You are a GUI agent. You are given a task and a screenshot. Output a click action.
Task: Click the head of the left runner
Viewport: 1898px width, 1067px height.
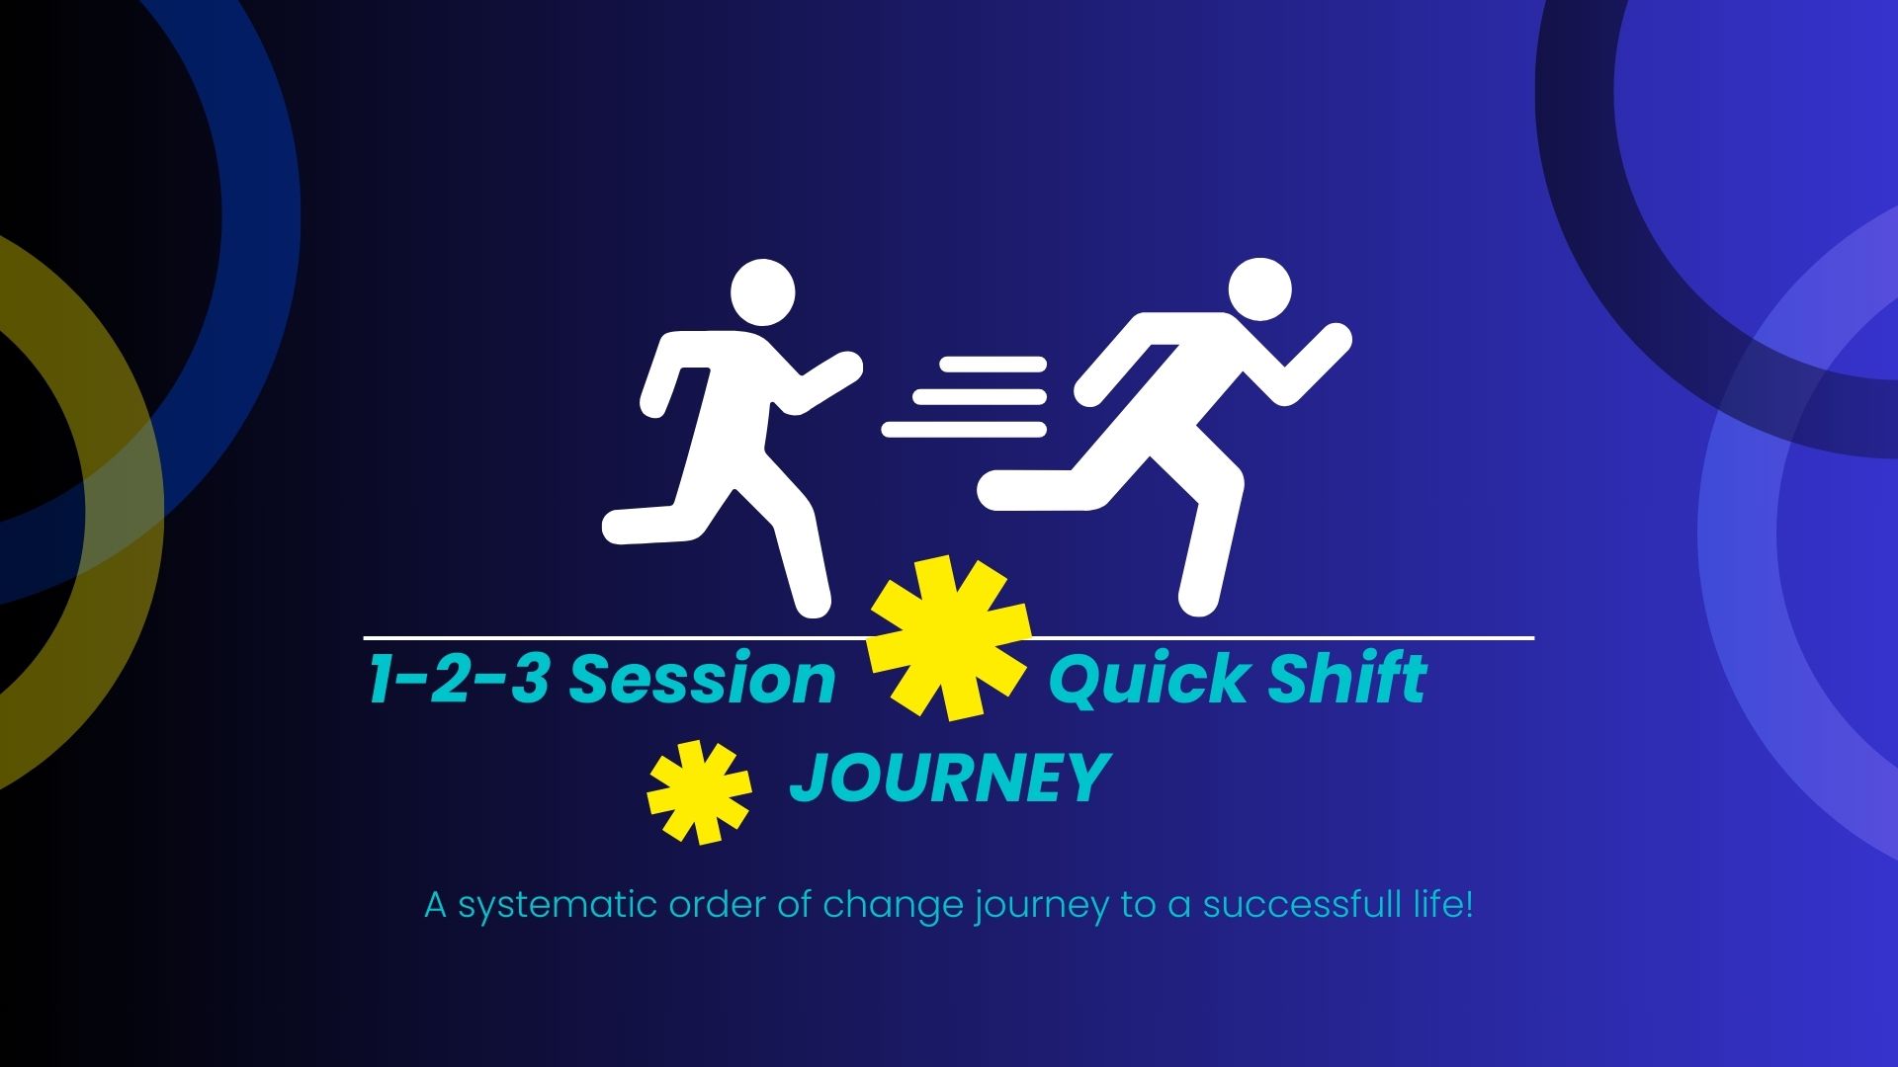pyautogui.click(x=762, y=292)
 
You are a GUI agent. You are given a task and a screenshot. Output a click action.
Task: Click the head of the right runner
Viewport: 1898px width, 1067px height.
pyautogui.click(x=1259, y=289)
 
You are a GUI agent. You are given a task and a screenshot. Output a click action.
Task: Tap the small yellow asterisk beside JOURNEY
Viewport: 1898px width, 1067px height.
pyautogui.click(x=700, y=792)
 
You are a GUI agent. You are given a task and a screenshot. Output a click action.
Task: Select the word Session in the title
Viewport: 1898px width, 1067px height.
pyautogui.click(x=703, y=680)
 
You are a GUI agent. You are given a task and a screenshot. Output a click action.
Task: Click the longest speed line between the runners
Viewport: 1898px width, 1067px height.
pyautogui.click(x=964, y=429)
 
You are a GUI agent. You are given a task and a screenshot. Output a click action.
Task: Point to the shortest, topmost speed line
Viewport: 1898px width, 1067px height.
pyautogui.click(x=992, y=364)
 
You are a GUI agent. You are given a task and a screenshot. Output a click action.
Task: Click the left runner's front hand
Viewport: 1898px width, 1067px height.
pyautogui.click(x=846, y=366)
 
